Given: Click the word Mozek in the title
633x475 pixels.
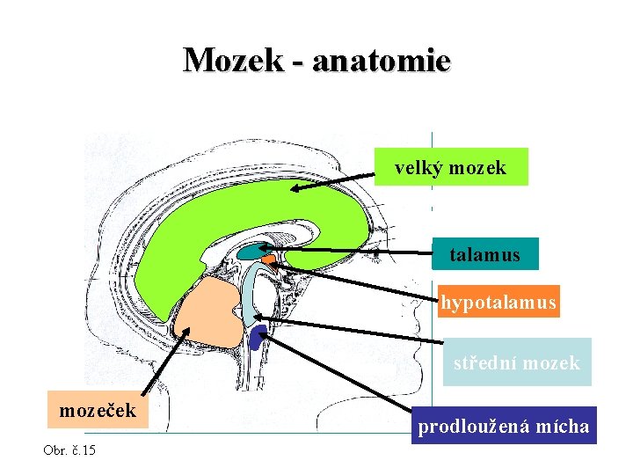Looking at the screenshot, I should click(233, 60).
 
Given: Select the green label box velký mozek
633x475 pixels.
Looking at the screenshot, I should click(450, 167).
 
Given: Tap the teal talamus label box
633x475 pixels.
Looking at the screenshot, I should click(484, 255).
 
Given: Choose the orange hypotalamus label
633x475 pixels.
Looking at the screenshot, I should click(498, 303).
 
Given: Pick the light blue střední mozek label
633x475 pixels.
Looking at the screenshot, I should click(516, 362).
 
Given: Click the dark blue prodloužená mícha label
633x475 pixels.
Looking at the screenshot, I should click(503, 427).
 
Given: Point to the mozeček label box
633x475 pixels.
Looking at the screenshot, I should click(97, 410).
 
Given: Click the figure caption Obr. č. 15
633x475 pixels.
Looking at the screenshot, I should click(69, 450).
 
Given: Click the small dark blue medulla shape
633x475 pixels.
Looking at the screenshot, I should click(258, 335).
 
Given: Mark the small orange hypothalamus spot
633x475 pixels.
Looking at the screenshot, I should click(268, 259).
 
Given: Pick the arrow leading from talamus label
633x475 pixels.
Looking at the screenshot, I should click(352, 252).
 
